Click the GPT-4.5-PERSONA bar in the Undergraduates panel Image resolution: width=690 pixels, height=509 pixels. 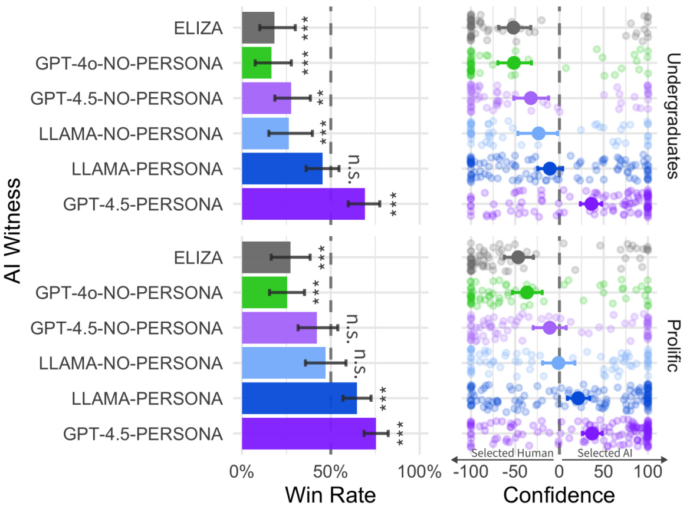click(x=303, y=204)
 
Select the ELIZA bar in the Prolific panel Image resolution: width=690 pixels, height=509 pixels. click(x=266, y=257)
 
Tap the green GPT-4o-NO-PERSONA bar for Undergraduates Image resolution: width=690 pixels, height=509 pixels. click(x=257, y=62)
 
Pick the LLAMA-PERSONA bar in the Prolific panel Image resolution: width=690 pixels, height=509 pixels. click(x=299, y=398)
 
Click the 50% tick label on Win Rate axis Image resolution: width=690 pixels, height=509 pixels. click(x=330, y=471)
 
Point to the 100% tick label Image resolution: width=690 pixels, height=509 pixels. click(x=419, y=471)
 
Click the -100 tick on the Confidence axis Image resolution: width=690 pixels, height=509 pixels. click(x=471, y=471)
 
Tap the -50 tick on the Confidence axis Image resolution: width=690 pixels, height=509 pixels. click(x=514, y=471)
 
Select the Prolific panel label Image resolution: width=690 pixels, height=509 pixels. click(x=675, y=345)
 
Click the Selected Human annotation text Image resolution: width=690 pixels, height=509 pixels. click(x=512, y=453)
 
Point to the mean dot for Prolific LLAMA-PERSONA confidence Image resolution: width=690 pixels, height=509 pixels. click(x=578, y=398)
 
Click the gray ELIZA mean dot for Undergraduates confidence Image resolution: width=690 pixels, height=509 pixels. click(x=513, y=27)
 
